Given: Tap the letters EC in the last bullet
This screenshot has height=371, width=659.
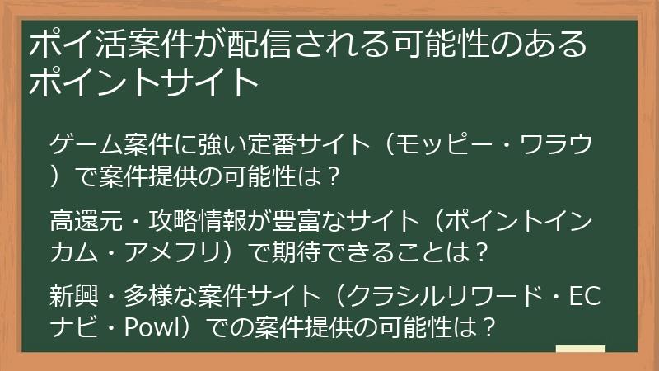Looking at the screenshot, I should coord(584,295).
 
